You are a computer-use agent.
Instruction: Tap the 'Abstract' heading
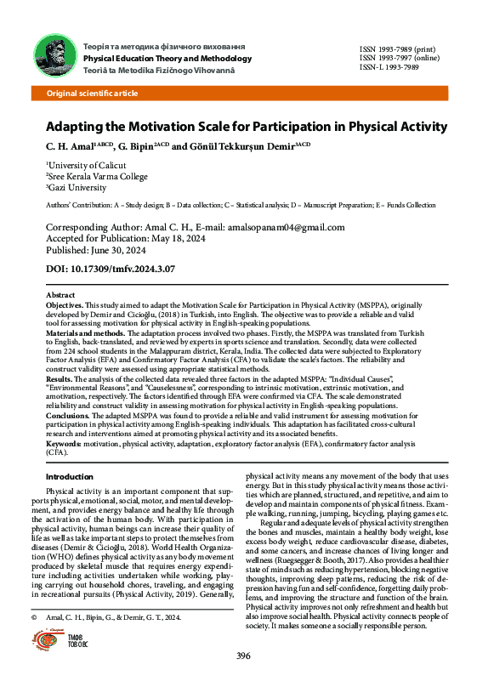pos(59,293)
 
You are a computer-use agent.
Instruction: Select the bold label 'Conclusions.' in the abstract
pos(67,414)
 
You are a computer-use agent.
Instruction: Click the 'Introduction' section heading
pos(69,477)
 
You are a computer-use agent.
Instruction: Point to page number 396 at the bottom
pos(243,656)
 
